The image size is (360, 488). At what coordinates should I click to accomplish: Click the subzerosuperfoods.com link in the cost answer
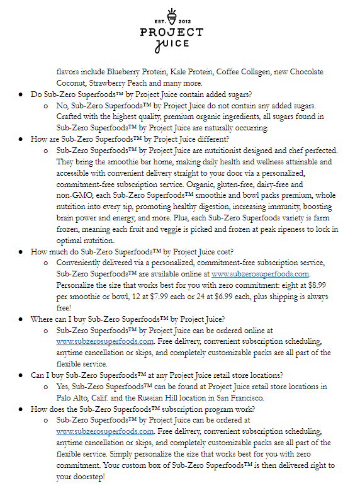click(261, 274)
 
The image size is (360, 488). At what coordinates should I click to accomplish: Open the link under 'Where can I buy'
click(105, 341)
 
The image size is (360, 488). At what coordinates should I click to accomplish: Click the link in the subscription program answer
click(105, 431)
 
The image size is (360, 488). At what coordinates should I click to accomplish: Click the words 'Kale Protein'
click(187, 71)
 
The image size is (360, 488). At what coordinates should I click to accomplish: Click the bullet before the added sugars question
click(21, 94)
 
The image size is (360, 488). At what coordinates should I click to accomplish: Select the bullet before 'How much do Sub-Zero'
click(21, 251)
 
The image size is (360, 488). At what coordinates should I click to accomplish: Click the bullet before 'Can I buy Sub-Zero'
click(21, 375)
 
